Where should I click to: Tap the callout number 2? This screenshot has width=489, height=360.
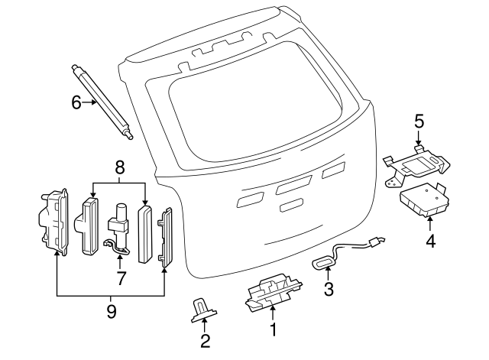[x=205, y=341]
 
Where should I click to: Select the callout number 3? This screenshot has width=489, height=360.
[x=329, y=289]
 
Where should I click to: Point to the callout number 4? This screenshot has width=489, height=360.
[x=430, y=244]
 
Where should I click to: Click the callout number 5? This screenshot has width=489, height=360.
[x=419, y=121]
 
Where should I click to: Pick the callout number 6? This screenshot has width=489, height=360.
[x=76, y=102]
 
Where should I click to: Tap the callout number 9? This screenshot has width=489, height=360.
[x=110, y=312]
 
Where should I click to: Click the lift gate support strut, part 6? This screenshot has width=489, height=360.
[x=103, y=102]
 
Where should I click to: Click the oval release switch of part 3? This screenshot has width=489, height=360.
[x=324, y=263]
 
